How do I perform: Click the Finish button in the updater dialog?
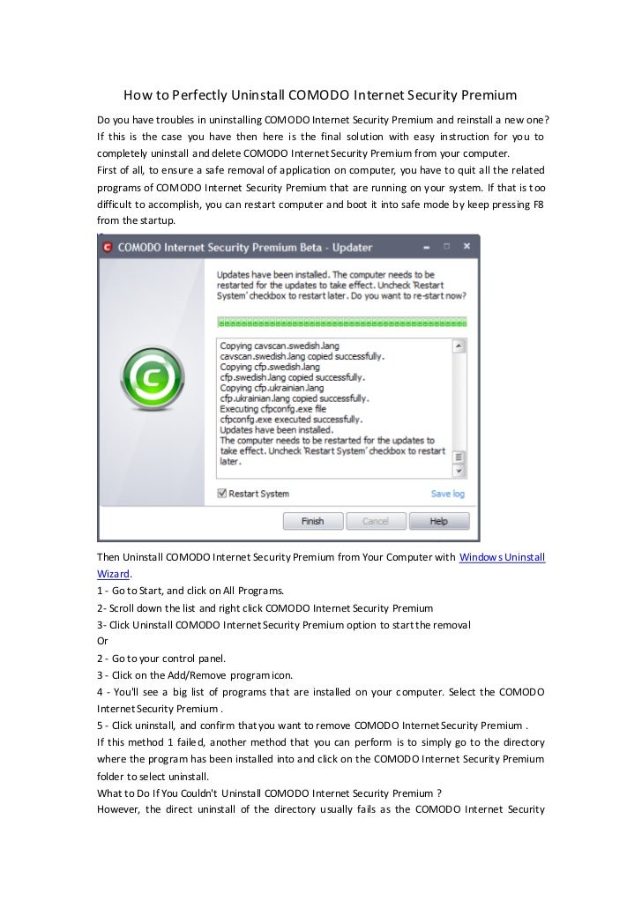coord(312,521)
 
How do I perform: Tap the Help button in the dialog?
coord(438,521)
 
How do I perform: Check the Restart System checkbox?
coord(222,494)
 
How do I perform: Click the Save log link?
coord(447,494)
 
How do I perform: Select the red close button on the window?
coord(468,247)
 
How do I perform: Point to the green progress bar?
coord(341,323)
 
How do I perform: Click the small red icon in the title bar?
coord(108,248)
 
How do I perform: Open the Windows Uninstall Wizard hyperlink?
coord(503,557)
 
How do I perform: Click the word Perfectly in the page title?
coord(196,94)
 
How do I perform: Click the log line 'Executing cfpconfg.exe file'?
coord(272,409)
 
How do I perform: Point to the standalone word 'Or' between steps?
coord(102,641)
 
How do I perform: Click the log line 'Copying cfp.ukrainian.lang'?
coord(272,388)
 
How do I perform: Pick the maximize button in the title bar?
coord(446,248)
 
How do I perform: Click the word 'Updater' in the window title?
coord(347,248)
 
